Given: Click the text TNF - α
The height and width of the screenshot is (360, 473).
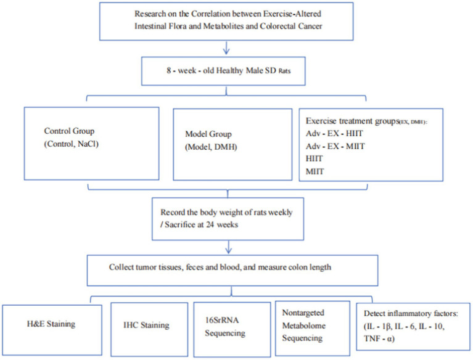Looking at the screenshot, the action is point(379,338).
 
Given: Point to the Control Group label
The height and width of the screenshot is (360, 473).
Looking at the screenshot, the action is point(69,131).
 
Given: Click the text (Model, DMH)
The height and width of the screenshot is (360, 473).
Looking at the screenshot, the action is point(211,147).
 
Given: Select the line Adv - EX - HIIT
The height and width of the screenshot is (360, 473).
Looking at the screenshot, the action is point(334,133).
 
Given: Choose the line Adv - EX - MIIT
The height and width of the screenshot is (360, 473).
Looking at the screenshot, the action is point(335,146).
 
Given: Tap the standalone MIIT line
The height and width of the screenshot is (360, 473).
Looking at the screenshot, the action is point(315,171).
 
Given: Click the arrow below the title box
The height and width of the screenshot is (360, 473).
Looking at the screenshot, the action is point(226,47).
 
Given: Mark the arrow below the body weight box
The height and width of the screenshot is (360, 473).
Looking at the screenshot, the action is point(228,247).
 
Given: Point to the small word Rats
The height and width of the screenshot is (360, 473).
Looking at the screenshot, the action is point(284,71).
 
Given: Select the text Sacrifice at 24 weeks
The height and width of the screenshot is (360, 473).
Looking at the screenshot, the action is point(201,224).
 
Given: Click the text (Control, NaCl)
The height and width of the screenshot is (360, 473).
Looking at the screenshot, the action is point(71,144).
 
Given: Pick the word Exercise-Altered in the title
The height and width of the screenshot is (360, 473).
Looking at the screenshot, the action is point(292,14).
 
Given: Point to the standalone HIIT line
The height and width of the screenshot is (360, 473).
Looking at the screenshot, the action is point(314,158).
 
